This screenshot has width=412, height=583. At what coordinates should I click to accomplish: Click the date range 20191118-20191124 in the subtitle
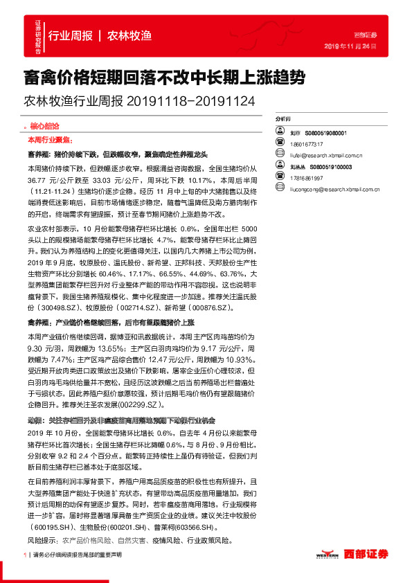click(x=191, y=101)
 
